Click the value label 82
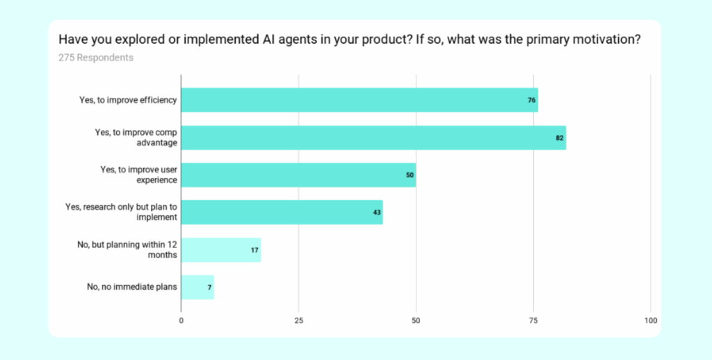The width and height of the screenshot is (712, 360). pyautogui.click(x=559, y=138)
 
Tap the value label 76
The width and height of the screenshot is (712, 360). pyautogui.click(x=531, y=100)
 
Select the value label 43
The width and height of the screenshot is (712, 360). pyautogui.click(x=377, y=212)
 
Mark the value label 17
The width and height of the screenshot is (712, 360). pyautogui.click(x=255, y=249)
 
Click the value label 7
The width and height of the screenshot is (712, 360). pyautogui.click(x=209, y=287)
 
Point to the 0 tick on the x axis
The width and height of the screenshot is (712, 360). pyautogui.click(x=181, y=321)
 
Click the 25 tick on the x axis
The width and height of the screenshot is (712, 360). pyautogui.click(x=298, y=321)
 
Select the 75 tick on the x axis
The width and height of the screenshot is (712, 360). pyautogui.click(x=533, y=321)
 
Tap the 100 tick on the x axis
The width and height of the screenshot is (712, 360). pyautogui.click(x=650, y=321)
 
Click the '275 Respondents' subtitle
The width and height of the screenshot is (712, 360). pyautogui.click(x=96, y=58)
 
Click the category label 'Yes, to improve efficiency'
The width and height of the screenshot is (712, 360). pyautogui.click(x=129, y=100)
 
